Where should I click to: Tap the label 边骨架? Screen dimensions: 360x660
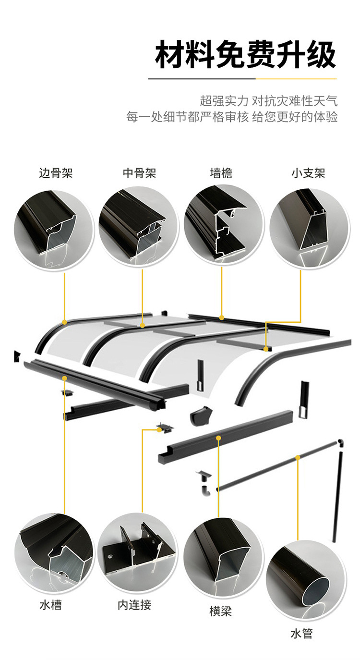pos(56,173)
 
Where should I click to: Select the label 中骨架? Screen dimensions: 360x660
pos(140,173)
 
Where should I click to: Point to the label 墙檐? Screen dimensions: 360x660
pos(221,173)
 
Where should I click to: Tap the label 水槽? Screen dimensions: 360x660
pos(50,604)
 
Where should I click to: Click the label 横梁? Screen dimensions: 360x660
pos(220,611)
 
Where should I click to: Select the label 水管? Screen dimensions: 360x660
pos(301,634)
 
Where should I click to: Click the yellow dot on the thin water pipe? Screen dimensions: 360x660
pos(298,458)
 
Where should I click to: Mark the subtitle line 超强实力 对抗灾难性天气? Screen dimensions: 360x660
pos(268,101)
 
